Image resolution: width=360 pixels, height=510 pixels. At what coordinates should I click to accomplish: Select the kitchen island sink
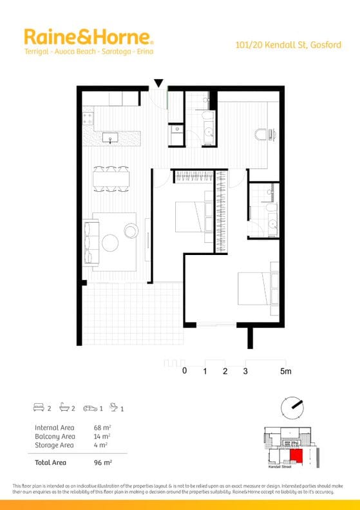point(110,137)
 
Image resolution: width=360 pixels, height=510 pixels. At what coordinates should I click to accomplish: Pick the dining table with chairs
point(110,178)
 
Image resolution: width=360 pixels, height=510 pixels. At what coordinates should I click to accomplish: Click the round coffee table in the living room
point(110,242)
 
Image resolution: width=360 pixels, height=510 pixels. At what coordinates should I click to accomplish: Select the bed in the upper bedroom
point(192,216)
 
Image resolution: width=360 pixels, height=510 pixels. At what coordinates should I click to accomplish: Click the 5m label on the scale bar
point(285,372)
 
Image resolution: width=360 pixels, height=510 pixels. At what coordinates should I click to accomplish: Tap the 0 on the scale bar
point(184,372)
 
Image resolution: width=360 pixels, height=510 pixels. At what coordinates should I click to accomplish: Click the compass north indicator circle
point(292,406)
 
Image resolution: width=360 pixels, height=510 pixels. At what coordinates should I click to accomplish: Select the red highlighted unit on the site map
point(296,457)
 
